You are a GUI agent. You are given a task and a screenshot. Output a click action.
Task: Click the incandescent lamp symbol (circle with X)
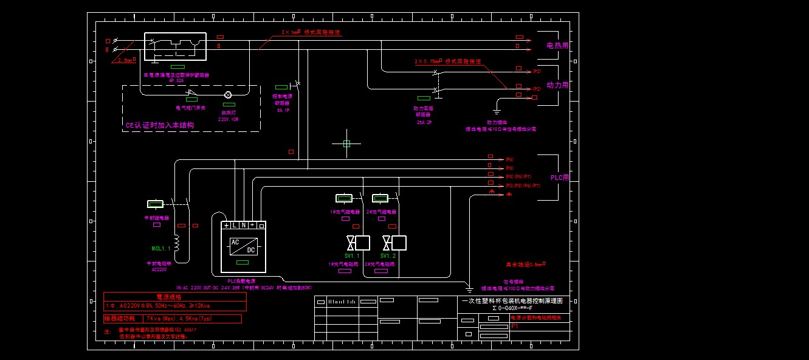pos(229,95)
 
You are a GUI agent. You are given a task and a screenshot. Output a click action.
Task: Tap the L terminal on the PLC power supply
pos(235,225)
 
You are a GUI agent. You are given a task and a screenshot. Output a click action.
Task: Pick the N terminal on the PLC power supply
pos(243,225)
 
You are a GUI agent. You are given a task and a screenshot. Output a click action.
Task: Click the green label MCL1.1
pos(161,248)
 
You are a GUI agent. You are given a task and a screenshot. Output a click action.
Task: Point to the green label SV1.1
pos(352,256)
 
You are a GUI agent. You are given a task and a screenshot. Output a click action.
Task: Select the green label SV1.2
pos(388,256)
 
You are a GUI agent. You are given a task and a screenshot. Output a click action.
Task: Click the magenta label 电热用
pos(557,46)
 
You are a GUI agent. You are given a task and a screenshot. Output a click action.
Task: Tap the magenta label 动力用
pos(557,86)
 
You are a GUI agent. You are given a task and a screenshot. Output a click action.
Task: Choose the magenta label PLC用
pos(560,178)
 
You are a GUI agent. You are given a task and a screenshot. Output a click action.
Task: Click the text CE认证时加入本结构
pos(159,125)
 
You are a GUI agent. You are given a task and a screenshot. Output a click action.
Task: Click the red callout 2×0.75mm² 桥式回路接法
pos(447,61)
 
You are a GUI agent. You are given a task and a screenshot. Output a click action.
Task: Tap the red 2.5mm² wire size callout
pos(125,61)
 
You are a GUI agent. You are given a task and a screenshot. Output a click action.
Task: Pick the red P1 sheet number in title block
pos(514,326)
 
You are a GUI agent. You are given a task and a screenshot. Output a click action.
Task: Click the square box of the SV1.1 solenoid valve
pos(363,243)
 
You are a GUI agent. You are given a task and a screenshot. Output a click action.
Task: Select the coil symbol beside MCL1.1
pos(177,243)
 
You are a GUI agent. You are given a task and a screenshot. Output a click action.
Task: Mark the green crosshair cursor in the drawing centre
pos(346,144)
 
